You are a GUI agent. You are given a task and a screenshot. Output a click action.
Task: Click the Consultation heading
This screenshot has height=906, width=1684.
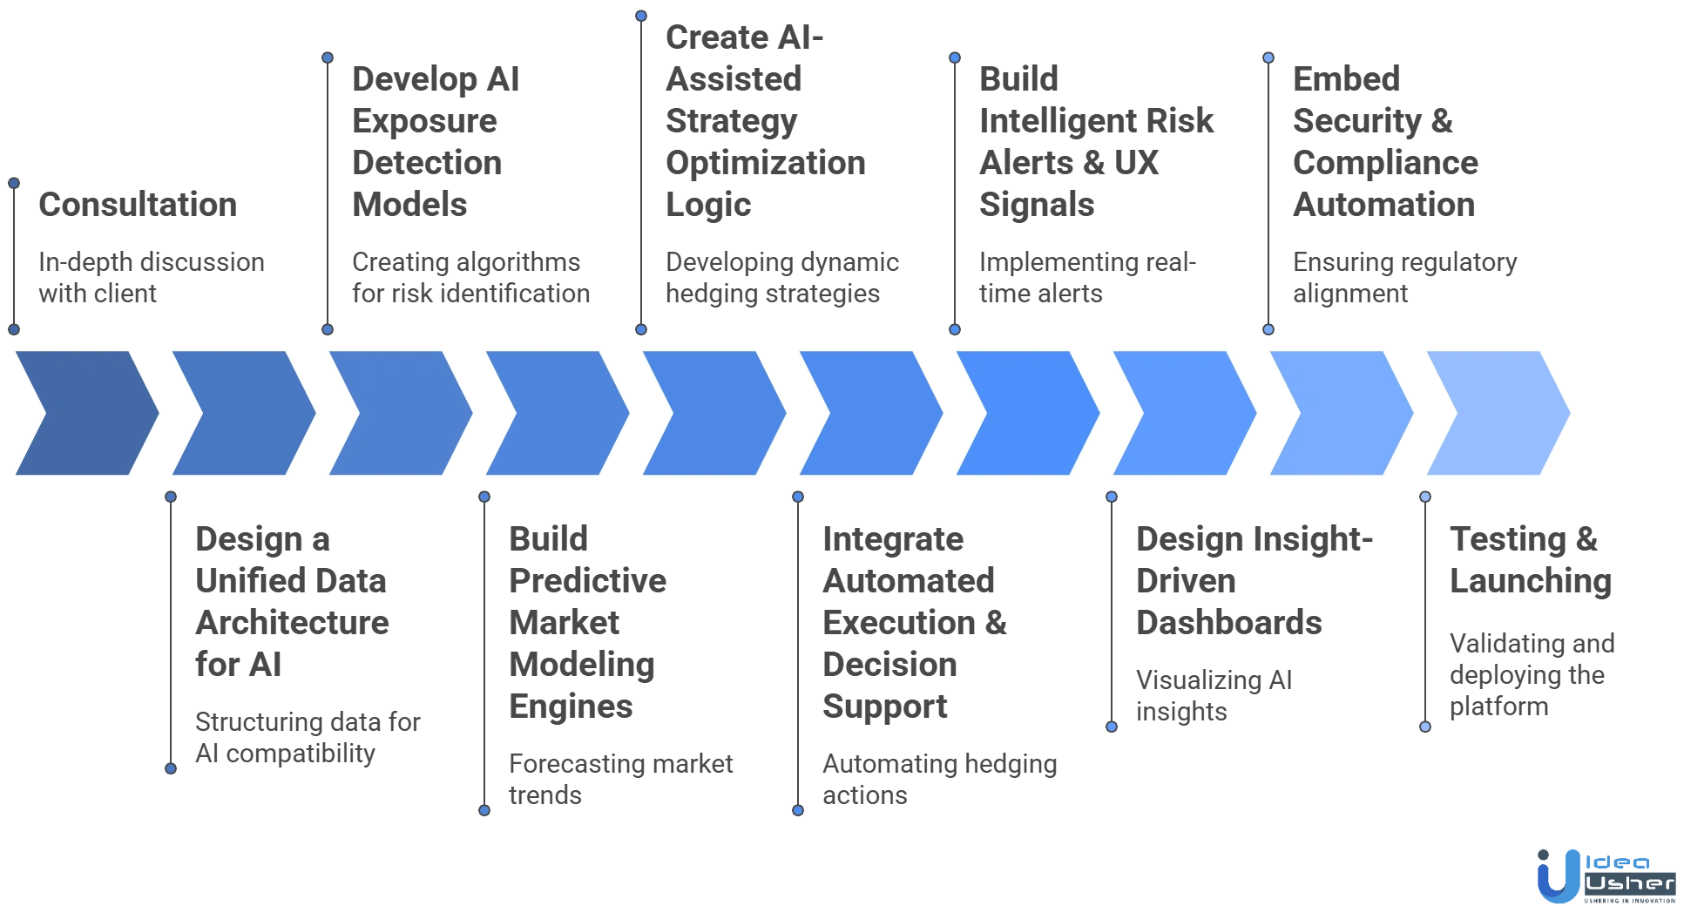(136, 204)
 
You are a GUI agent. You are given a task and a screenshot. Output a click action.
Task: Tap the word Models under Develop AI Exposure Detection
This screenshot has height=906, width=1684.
(408, 204)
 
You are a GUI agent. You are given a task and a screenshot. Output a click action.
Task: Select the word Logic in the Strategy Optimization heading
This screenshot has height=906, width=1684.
(707, 204)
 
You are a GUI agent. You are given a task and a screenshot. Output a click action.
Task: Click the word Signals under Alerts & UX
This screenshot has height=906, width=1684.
(1034, 204)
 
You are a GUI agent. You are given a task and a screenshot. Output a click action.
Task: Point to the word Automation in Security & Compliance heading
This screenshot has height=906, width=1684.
(1383, 204)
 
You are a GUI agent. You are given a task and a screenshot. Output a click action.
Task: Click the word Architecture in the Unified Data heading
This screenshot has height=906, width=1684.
(292, 622)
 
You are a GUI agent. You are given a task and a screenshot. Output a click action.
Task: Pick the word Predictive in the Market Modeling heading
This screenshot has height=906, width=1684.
(588, 580)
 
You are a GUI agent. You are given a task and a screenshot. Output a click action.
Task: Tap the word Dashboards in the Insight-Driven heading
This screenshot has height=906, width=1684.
(1228, 622)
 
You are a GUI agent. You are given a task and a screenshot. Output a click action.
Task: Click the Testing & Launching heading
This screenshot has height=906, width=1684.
(1532, 559)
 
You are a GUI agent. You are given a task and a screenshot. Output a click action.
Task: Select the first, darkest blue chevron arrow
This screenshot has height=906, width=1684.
(85, 414)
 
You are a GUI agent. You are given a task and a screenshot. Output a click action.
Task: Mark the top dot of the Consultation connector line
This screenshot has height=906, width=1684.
(14, 183)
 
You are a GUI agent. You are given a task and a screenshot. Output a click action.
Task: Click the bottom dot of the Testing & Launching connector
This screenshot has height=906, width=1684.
(1425, 726)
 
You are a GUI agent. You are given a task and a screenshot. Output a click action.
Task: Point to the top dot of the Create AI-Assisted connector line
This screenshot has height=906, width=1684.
(641, 16)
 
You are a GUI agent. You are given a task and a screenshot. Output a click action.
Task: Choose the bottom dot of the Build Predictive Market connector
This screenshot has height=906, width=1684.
(484, 809)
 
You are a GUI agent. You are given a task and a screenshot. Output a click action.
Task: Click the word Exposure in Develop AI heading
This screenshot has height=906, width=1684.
(425, 120)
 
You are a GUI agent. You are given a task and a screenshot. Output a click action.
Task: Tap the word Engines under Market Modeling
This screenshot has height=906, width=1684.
(571, 706)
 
